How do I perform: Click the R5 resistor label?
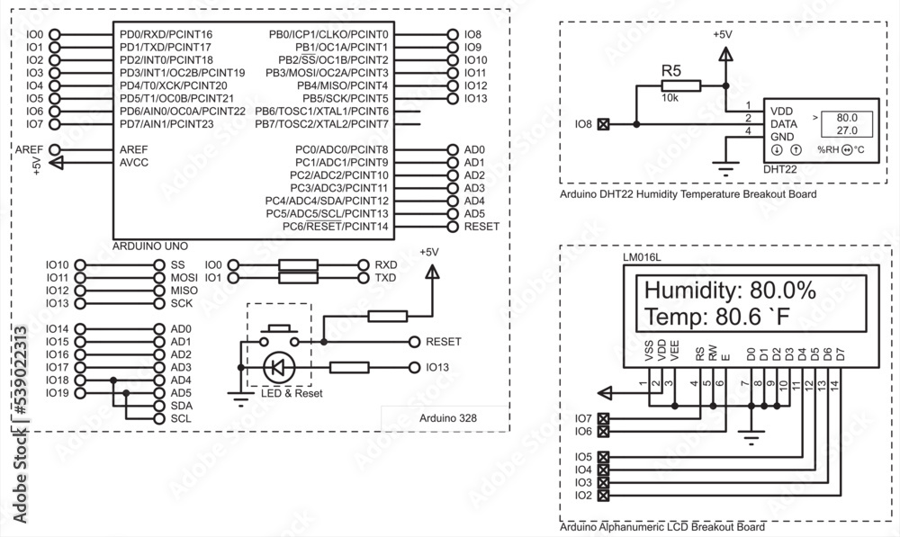click(671, 70)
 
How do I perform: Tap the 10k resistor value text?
click(670, 97)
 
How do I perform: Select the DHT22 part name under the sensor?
click(781, 168)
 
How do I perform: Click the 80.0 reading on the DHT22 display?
click(847, 117)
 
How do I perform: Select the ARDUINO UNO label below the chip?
click(149, 245)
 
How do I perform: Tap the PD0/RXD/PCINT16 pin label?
click(166, 34)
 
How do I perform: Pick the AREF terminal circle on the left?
click(55, 149)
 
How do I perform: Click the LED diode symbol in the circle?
click(277, 367)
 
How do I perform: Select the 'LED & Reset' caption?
click(291, 393)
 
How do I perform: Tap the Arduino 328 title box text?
click(448, 418)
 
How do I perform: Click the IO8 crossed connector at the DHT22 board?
click(603, 123)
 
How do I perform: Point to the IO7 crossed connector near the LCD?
click(603, 418)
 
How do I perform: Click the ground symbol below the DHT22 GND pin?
click(723, 165)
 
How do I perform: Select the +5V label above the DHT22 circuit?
click(723, 34)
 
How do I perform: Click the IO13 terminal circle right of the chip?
click(452, 98)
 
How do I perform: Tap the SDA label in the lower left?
click(181, 406)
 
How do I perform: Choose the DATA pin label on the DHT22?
click(784, 123)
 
